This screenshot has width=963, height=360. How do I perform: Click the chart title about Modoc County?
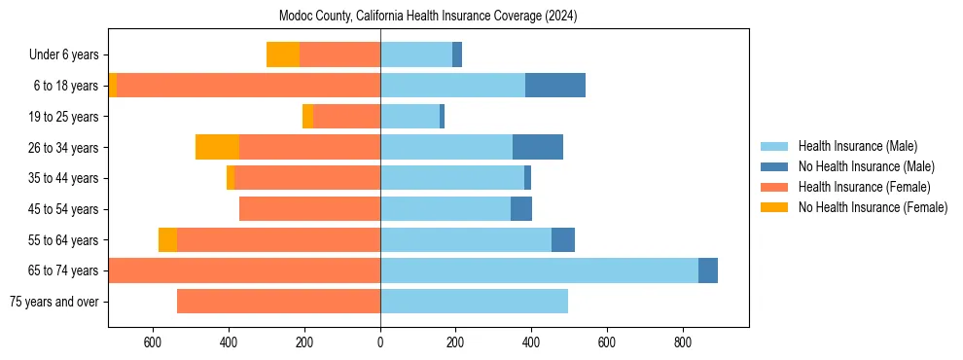[428, 16]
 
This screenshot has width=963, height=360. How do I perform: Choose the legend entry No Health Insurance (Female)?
[873, 207]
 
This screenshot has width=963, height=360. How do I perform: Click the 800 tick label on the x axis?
[683, 342]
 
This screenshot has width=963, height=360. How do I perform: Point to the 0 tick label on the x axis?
[380, 342]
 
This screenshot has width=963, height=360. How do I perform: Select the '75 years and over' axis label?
[54, 302]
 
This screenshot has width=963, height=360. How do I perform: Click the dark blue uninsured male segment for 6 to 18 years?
[555, 86]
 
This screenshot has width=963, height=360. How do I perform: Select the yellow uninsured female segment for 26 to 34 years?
[217, 147]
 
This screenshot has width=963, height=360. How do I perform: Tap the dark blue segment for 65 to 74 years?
[708, 270]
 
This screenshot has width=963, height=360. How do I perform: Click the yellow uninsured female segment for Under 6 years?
[283, 54]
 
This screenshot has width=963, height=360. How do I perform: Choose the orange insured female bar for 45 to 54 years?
[309, 209]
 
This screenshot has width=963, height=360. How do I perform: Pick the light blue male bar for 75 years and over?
[474, 302]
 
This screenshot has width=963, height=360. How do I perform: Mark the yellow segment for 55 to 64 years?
[167, 239]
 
